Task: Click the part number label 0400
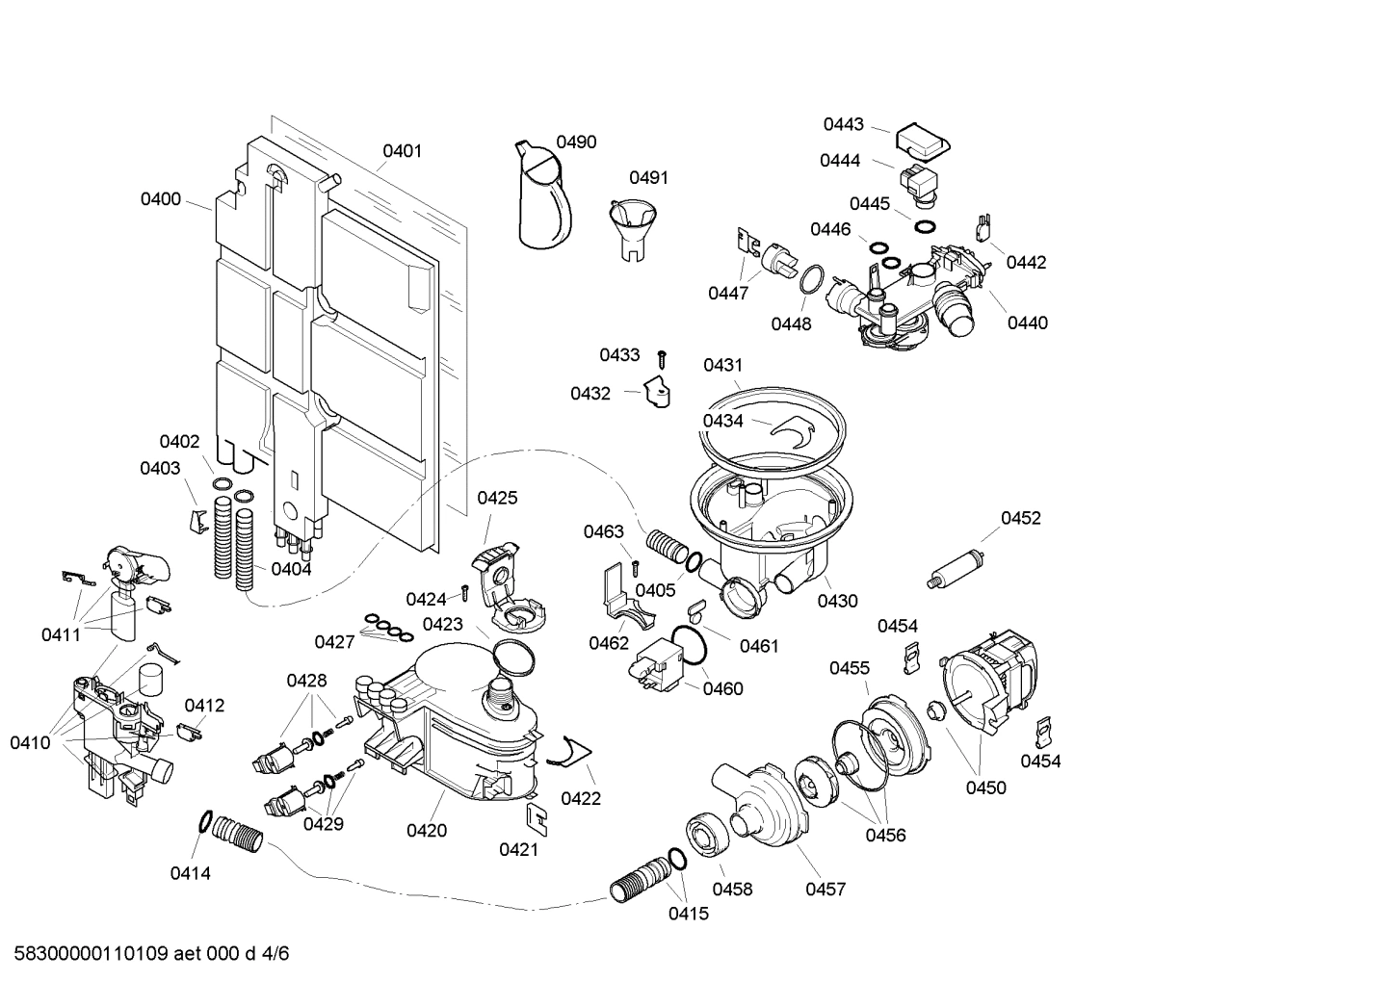pyautogui.click(x=160, y=199)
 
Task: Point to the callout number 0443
pyautogui.click(x=843, y=124)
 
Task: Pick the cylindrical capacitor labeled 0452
pyautogui.click(x=953, y=567)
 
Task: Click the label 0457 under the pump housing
pyautogui.click(x=826, y=889)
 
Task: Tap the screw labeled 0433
pyautogui.click(x=663, y=358)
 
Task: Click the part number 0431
pyautogui.click(x=722, y=365)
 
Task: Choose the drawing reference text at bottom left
pyautogui.click(x=151, y=954)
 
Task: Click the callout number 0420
pyautogui.click(x=427, y=830)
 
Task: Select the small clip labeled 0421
pyautogui.click(x=537, y=816)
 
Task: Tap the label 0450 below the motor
pyautogui.click(x=985, y=787)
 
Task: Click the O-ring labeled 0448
pyautogui.click(x=810, y=280)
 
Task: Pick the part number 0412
pyautogui.click(x=204, y=705)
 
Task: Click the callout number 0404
pyautogui.click(x=291, y=569)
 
